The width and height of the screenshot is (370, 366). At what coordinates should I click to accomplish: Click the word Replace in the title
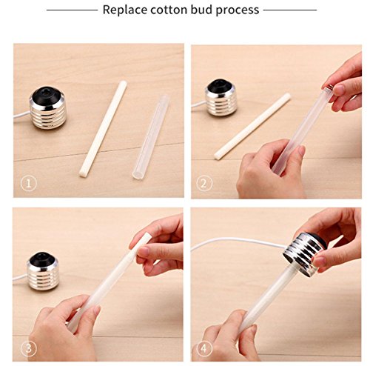click(125, 10)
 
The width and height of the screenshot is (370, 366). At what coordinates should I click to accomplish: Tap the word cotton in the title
click(169, 10)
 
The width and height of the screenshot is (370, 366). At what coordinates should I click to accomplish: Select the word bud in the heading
click(201, 10)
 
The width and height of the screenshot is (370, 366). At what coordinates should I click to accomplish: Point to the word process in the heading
click(238, 11)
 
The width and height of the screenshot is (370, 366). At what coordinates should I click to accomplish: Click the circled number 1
click(29, 184)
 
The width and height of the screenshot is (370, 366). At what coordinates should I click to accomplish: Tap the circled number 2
click(204, 184)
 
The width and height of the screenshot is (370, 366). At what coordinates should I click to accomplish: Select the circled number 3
click(29, 348)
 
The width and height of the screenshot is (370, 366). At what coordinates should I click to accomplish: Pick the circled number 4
click(204, 348)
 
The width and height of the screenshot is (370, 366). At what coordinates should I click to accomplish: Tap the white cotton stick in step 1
click(103, 129)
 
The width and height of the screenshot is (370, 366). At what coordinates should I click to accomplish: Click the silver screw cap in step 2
click(220, 99)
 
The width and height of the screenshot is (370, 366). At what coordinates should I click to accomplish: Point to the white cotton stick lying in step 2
click(252, 127)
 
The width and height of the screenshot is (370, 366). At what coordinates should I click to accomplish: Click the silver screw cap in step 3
click(43, 272)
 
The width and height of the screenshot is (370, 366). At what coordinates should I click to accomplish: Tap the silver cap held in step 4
click(305, 254)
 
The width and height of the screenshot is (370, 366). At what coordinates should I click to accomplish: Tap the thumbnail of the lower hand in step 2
click(301, 150)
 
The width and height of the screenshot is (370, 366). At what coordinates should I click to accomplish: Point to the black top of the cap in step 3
click(42, 258)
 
